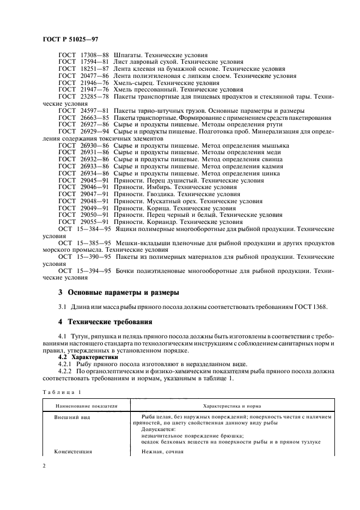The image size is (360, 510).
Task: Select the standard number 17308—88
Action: point(94,55)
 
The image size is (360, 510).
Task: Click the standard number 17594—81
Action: point(94,62)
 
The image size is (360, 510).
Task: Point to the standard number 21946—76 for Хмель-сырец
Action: point(94,83)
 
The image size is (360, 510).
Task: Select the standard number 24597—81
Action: point(94,111)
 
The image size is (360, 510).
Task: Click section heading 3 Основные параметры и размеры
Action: point(119,293)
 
